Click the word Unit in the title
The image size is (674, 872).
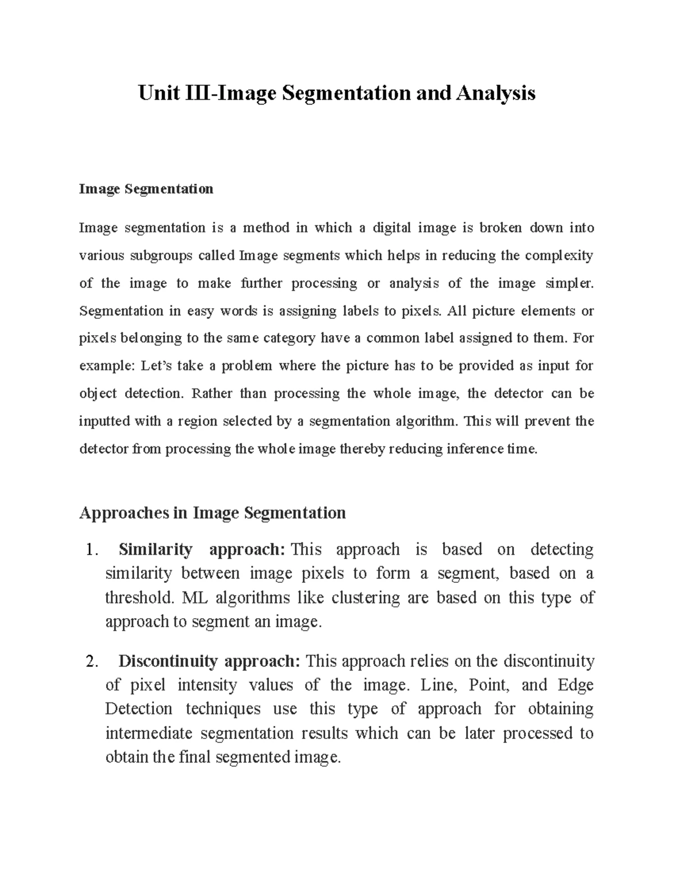(158, 93)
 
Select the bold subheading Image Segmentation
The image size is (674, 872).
(146, 189)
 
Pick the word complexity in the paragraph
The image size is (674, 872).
(559, 256)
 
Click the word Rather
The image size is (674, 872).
(212, 394)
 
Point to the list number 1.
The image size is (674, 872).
(91, 550)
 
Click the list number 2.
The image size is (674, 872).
(91, 661)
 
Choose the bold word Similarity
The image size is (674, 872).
(156, 549)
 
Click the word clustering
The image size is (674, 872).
(367, 597)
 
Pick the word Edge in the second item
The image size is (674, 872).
(576, 685)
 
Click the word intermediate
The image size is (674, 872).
(149, 733)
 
